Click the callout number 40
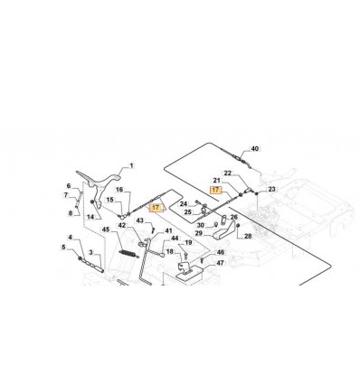[x=255, y=149]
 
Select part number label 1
[x=131, y=165]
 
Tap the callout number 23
[x=271, y=189]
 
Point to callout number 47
[x=221, y=263]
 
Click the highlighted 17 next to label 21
[x=216, y=190]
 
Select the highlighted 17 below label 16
[x=156, y=208]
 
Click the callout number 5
[x=63, y=248]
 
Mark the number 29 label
[x=199, y=233]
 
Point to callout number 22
[x=228, y=173]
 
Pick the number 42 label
[x=122, y=225]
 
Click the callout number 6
[x=69, y=185]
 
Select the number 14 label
[x=90, y=217]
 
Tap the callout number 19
[x=188, y=242]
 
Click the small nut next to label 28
[x=238, y=226]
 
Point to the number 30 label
[x=201, y=225]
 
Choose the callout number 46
[x=221, y=252]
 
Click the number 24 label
[x=184, y=204]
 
